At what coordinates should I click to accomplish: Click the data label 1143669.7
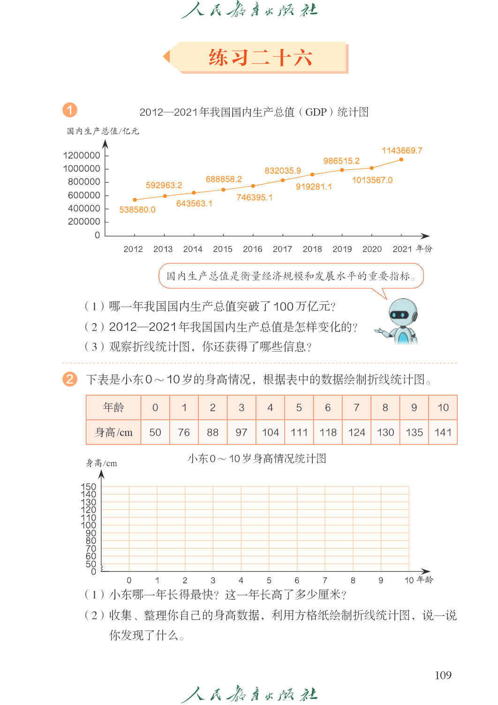402,150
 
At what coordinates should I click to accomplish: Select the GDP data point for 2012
135,200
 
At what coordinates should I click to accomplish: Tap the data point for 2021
401,160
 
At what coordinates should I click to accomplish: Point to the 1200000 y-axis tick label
82,156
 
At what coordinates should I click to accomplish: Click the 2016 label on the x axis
252,249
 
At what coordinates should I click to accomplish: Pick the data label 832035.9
283,171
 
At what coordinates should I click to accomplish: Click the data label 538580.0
137,210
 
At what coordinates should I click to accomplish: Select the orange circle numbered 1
70,110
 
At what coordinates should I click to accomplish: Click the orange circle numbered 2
70,379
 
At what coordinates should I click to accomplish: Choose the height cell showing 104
270,432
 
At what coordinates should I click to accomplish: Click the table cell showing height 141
443,432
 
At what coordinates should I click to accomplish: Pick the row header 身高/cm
113,432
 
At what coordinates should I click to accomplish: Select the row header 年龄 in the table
113,407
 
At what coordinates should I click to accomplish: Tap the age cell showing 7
356,407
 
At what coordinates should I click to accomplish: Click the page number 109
443,675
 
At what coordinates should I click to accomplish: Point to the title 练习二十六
260,58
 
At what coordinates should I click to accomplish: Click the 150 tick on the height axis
88,487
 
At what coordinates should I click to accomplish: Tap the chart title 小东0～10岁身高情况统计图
257,458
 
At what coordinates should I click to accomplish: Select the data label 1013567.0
372,180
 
